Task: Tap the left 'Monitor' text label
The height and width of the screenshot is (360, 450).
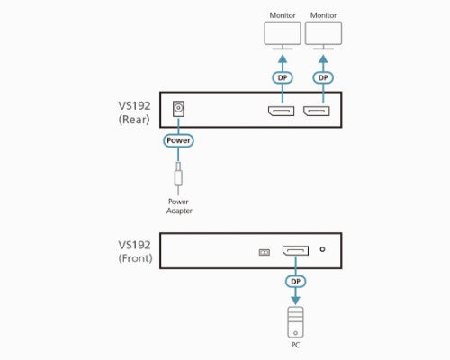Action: [x=282, y=14]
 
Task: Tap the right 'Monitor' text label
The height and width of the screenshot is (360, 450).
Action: [x=324, y=14]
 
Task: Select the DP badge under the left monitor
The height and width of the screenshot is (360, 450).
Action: [x=282, y=77]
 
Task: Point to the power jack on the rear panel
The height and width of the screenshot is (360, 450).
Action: [x=178, y=110]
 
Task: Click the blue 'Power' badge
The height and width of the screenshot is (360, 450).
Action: [x=178, y=141]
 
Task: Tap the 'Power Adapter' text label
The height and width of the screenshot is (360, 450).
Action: [x=178, y=206]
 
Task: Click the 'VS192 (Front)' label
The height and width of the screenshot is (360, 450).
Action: [x=135, y=250]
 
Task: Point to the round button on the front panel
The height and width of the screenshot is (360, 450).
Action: [x=322, y=251]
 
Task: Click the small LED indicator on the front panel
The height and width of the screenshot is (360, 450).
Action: [x=264, y=252]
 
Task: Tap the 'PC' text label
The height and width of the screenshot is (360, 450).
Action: [x=295, y=344]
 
